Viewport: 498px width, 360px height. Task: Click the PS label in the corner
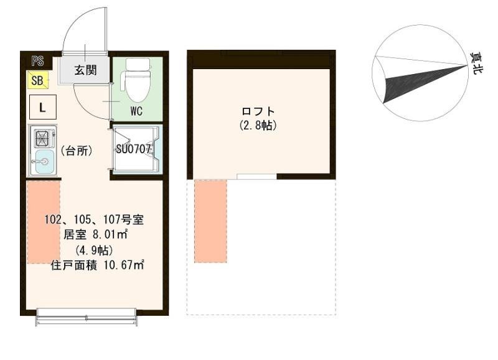(x=37, y=60)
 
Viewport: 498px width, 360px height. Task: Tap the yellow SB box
(x=37, y=80)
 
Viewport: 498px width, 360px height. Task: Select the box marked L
(x=42, y=107)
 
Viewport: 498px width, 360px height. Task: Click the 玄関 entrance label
(x=85, y=70)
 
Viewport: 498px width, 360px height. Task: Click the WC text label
(x=137, y=112)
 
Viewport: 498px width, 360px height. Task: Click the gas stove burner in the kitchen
(x=42, y=137)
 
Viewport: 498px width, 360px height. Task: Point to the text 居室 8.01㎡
(x=95, y=235)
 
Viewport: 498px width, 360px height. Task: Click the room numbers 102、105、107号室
(x=95, y=220)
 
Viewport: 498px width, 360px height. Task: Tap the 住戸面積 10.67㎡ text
(x=97, y=265)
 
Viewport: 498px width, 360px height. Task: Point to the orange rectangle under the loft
(x=210, y=222)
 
